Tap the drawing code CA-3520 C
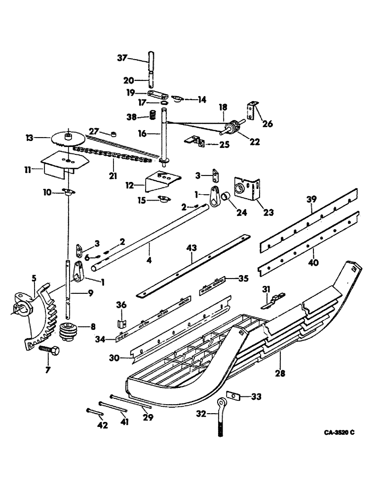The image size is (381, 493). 334,432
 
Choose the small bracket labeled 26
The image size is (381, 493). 253,111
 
